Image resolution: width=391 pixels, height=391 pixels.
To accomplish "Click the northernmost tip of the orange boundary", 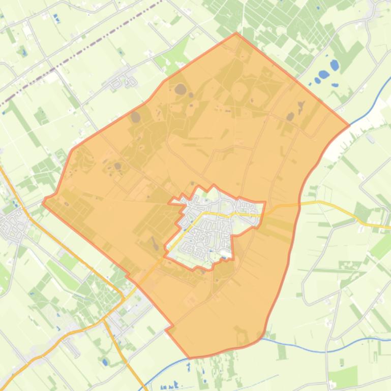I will pos(236,34).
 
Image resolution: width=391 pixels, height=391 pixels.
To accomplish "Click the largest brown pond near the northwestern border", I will pos(181,90).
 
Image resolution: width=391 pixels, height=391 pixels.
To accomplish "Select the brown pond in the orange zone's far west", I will pos(118,166).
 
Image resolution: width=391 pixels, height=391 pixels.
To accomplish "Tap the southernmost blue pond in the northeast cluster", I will pos(317,80).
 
